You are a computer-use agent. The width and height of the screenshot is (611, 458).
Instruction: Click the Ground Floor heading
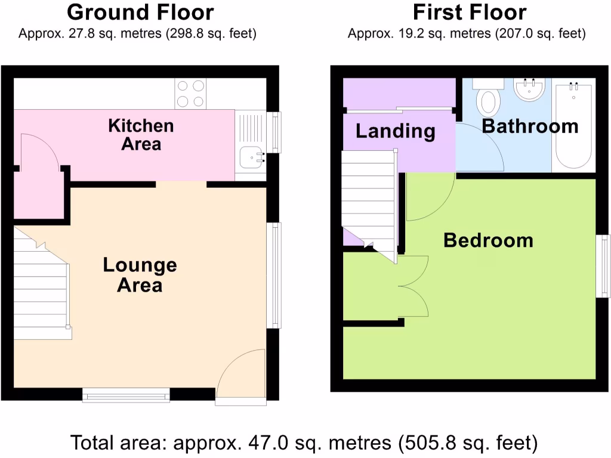pyautogui.click(x=140, y=12)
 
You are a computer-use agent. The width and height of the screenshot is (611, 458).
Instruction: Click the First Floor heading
pyautogui.click(x=470, y=12)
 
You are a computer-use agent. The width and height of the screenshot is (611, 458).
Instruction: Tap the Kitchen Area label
pyautogui.click(x=141, y=134)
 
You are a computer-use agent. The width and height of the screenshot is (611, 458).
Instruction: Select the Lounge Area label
pyautogui.click(x=140, y=274)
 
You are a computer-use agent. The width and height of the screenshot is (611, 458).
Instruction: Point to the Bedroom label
pyautogui.click(x=488, y=240)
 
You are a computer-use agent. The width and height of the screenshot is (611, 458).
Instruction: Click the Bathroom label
pyautogui.click(x=530, y=126)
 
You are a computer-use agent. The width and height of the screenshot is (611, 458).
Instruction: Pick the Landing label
pyautogui.click(x=396, y=131)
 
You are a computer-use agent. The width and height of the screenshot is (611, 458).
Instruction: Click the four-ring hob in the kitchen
pyautogui.click(x=190, y=94)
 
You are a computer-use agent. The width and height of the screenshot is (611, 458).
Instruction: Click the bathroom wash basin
pyautogui.click(x=530, y=90)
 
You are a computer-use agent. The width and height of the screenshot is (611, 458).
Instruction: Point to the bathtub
pyautogui.click(x=573, y=125)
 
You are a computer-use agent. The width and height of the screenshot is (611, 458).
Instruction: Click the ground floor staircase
pyautogui.click(x=41, y=286)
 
